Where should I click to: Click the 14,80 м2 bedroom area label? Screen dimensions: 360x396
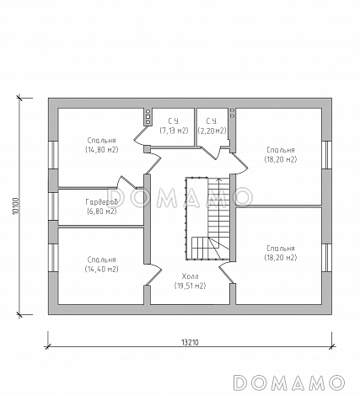102,150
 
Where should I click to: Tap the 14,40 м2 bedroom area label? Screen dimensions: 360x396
102,269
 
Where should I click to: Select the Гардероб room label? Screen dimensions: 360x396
101,202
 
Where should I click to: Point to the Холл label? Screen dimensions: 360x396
190,276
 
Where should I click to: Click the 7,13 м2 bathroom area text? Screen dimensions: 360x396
174,131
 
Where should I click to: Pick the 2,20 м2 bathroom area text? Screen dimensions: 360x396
212,131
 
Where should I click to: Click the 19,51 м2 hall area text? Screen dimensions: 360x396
190,286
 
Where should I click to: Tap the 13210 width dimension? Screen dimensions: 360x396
190,343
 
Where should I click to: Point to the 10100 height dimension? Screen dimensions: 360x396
15,206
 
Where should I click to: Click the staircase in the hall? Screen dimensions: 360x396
208,218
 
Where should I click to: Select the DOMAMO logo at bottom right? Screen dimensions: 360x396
289,383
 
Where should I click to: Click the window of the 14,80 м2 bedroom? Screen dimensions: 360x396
53,155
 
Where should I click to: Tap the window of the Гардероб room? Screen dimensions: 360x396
53,206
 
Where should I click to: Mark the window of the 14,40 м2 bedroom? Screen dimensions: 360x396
53,258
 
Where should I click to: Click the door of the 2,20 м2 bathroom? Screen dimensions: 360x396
212,153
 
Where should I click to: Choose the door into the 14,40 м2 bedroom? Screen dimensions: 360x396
153,274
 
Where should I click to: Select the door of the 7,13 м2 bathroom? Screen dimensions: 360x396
141,136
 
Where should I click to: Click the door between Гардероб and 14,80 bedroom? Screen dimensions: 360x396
128,182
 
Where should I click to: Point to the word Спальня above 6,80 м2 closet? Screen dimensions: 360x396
102,140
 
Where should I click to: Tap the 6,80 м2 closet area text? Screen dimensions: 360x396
102,211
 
